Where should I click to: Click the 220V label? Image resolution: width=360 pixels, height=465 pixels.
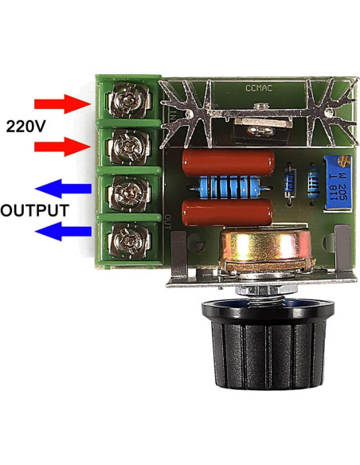click(x=29, y=125)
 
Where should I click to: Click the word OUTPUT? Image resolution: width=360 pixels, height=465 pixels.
click(x=33, y=211)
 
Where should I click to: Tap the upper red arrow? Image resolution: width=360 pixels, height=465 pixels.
click(x=63, y=104)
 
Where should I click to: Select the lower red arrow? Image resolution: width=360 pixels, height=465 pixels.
click(x=63, y=147)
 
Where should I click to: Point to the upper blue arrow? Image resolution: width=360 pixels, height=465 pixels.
click(x=63, y=190)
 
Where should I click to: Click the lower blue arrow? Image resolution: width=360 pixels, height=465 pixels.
click(x=63, y=232)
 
